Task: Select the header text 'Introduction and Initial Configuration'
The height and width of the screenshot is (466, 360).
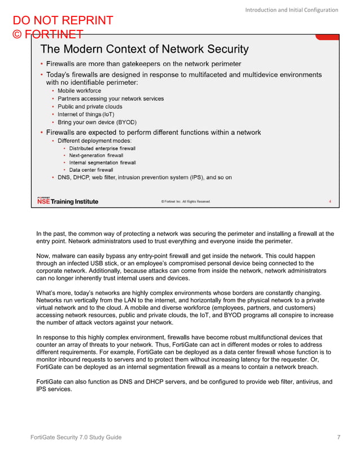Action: (291, 10)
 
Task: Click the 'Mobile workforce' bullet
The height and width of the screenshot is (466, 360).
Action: (79, 90)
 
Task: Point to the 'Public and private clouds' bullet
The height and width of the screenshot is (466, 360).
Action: (90, 106)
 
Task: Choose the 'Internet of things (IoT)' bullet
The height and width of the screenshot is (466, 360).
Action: (86, 114)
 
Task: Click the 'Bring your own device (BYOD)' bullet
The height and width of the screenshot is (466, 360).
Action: (96, 122)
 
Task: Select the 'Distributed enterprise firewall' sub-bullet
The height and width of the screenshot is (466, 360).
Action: (102, 148)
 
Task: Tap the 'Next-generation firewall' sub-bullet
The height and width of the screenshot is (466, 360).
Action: (96, 155)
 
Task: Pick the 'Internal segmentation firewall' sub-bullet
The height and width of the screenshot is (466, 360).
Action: (102, 162)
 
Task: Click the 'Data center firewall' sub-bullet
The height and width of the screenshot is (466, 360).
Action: (91, 170)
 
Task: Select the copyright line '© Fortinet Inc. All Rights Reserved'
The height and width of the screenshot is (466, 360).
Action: (185, 201)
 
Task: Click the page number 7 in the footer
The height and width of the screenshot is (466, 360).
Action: (337, 438)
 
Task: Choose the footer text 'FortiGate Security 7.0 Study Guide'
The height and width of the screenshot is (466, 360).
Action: (76, 438)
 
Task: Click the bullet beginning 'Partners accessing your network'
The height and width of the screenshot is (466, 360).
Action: (111, 98)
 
